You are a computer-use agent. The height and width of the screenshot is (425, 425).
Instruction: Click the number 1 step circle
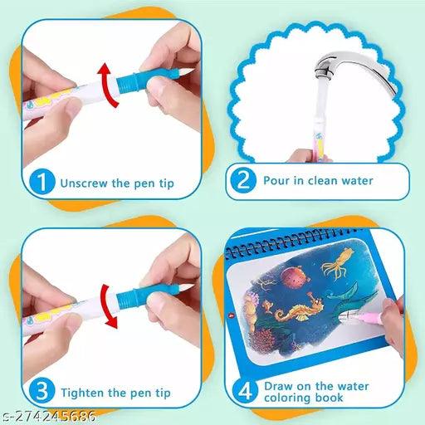(42, 180)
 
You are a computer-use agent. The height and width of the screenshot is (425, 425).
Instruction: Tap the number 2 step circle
(243, 180)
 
